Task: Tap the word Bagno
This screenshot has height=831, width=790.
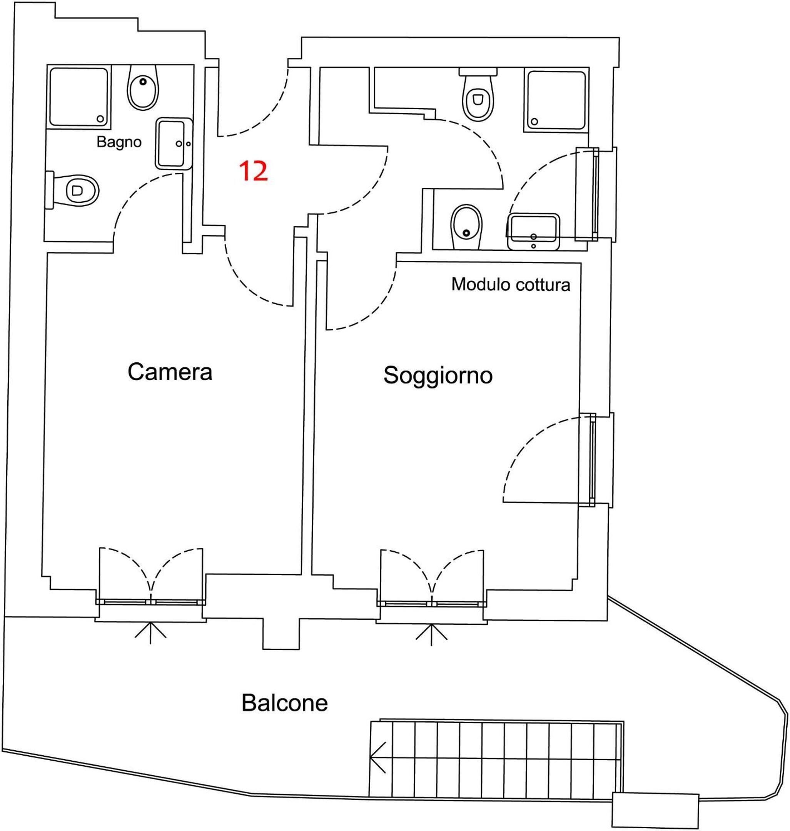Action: (x=119, y=142)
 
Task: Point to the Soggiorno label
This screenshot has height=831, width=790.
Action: (x=438, y=375)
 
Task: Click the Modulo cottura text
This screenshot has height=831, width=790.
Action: (x=510, y=285)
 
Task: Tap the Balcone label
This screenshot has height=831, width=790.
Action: (x=284, y=703)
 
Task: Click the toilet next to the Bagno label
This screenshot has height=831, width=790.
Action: (x=76, y=190)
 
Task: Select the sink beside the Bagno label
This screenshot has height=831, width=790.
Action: (x=174, y=143)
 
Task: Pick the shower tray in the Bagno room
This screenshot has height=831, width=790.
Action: (x=78, y=97)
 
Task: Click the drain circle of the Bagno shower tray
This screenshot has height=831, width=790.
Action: (x=101, y=119)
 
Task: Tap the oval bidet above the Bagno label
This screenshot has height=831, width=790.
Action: (x=143, y=88)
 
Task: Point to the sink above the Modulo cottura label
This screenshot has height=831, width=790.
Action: (x=534, y=232)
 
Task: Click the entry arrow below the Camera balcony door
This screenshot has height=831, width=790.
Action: (x=150, y=634)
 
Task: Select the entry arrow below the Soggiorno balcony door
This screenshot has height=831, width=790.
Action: (x=431, y=635)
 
